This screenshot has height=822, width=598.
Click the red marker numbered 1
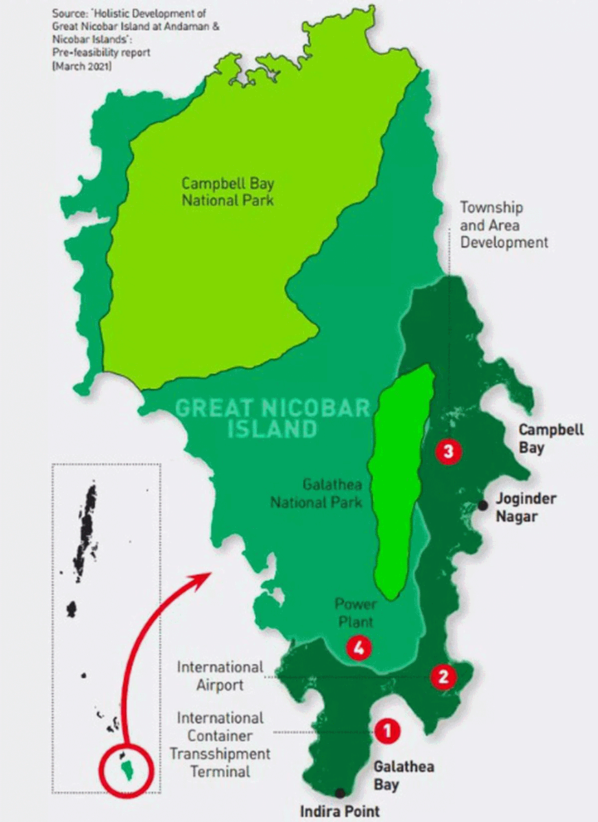(x=387, y=731)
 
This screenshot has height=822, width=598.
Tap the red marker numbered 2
(x=443, y=677)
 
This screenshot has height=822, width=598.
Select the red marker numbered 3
(x=449, y=451)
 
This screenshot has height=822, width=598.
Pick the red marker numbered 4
(x=359, y=647)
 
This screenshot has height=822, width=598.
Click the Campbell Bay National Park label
(x=227, y=192)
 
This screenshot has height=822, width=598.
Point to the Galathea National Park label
(x=315, y=493)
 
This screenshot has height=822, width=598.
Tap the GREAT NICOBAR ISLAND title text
(x=272, y=419)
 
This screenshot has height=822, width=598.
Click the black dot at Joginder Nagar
(x=483, y=505)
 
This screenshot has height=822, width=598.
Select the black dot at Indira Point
(x=339, y=793)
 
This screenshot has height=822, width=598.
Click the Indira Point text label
(x=339, y=811)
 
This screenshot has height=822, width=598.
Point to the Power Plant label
(x=354, y=613)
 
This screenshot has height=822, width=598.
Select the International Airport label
(x=219, y=675)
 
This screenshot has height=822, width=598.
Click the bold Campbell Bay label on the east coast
(x=551, y=438)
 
